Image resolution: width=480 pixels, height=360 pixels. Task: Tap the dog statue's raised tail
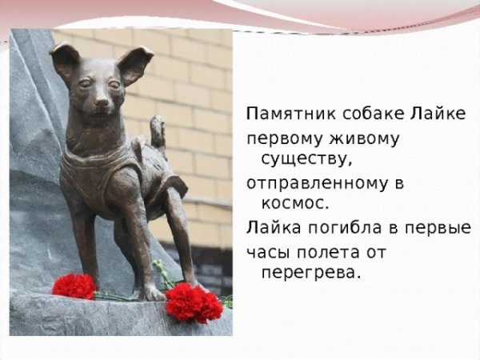158,132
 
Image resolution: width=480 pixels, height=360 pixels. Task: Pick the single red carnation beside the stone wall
74,286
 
